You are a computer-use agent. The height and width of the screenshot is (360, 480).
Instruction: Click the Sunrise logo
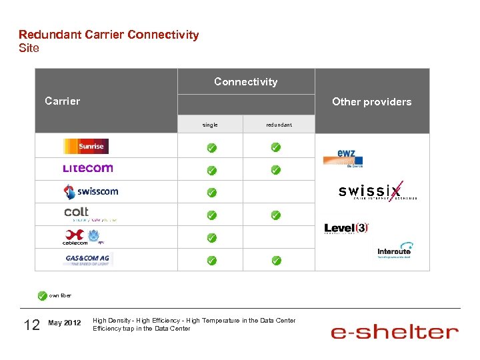point(85,146)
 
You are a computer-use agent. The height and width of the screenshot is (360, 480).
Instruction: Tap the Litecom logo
point(87,169)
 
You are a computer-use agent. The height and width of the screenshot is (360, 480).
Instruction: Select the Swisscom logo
point(91,192)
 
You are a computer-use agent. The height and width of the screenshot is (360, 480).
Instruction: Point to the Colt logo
point(89,214)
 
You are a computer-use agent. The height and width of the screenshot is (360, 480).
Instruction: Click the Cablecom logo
point(84,237)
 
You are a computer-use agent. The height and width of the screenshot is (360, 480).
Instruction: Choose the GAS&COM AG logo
point(88,259)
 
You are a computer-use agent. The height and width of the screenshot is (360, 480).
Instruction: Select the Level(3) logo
point(346,228)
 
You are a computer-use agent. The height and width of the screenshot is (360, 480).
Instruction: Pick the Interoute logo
point(394,250)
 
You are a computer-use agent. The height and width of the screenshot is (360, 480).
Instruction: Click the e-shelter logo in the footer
point(395,331)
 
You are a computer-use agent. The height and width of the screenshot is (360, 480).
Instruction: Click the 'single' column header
point(210,125)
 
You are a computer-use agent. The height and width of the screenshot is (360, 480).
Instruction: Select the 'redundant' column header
point(279,125)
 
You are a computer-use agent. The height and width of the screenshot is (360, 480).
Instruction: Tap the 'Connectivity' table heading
point(245,82)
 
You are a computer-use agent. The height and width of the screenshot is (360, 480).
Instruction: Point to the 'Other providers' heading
point(371,102)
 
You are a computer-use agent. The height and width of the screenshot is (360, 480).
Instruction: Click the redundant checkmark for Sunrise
point(275,147)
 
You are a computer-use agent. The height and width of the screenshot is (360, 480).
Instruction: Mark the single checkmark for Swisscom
point(211,193)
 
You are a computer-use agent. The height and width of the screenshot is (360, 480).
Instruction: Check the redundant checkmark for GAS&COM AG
point(276,260)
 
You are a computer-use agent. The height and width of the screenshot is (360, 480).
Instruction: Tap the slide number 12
point(31,325)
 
